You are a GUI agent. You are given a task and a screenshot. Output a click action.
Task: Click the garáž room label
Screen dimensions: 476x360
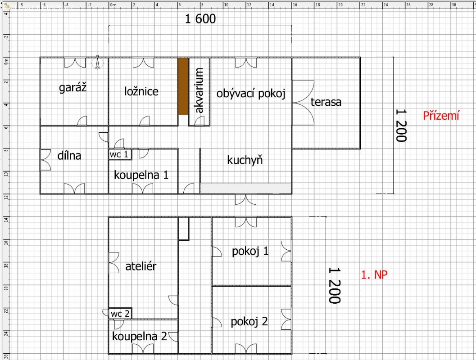coord(73,88)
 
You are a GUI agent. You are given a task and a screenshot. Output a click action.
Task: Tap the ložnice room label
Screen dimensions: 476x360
coord(141,91)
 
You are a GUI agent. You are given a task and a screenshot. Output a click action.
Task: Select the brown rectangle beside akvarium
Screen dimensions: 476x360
coord(183,86)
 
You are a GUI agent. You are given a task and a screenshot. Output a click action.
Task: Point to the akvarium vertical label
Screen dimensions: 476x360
coord(199,90)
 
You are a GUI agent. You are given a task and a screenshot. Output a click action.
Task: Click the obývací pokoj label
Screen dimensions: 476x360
coord(251,94)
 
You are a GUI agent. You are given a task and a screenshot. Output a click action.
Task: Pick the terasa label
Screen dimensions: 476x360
coord(326,102)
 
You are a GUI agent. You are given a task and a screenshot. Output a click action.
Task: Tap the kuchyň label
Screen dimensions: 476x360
coord(245,160)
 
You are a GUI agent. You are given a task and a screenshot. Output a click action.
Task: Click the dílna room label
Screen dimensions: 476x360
coord(69,156)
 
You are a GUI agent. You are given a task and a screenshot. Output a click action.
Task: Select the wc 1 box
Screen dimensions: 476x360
coord(120,154)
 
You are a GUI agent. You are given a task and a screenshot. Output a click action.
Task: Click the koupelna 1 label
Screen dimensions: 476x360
coord(141,175)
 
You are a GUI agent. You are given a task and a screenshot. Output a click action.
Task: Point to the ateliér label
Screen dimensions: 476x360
coord(141,266)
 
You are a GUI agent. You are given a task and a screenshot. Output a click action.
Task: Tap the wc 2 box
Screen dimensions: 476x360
coord(120,313)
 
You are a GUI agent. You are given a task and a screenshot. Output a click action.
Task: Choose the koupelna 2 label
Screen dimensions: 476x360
coord(140,336)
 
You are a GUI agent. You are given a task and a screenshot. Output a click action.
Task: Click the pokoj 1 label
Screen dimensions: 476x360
coord(250,251)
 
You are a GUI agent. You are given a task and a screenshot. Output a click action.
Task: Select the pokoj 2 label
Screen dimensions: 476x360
coord(249,321)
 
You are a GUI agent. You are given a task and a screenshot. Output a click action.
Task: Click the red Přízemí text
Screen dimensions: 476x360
coord(441,116)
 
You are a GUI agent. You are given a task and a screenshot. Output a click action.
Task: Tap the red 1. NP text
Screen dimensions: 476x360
coord(374,275)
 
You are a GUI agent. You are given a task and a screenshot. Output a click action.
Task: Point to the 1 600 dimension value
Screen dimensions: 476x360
coord(200,19)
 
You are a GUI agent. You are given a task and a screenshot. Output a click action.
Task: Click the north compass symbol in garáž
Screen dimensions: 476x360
coord(97,63)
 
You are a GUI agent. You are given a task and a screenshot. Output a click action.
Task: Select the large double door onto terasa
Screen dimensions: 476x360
coord(304,103)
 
